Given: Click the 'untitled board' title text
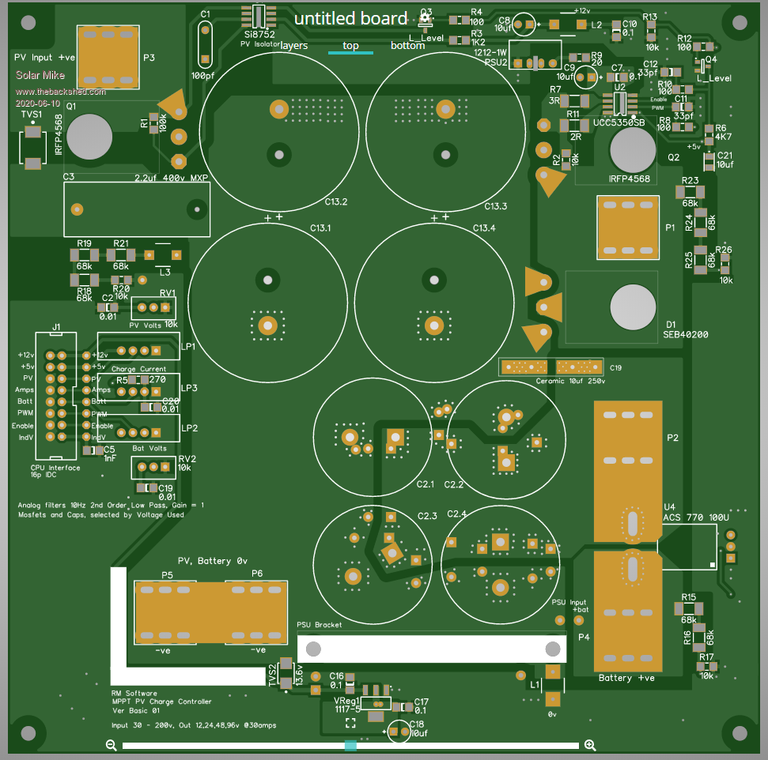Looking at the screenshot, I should click(351, 19).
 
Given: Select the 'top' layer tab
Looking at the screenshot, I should click(350, 46).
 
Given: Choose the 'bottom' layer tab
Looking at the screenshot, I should click(407, 46).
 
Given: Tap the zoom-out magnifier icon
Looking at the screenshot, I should click(112, 745).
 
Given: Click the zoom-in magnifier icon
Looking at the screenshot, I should click(590, 745).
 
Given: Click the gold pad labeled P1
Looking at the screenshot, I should click(628, 228).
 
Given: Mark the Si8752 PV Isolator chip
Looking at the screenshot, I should click(259, 17).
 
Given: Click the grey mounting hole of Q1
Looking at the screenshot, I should click(87, 137).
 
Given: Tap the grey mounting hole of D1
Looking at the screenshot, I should click(633, 307).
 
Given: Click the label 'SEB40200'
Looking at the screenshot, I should click(685, 335).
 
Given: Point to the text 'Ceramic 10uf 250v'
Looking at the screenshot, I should click(550, 381).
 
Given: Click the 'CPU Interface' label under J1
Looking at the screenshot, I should click(50, 468).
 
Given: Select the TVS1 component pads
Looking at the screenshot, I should click(32, 148).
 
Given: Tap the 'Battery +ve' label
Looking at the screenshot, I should click(626, 679).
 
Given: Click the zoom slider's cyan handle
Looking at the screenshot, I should click(350, 745).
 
